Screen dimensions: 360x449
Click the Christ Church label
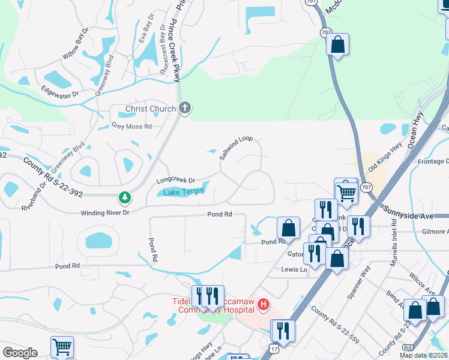[150, 109]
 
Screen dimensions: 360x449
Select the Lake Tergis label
[184, 191]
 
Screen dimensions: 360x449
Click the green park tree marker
[124, 197]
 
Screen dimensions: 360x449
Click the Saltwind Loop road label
[236, 147]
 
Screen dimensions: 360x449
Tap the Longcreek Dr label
[176, 180]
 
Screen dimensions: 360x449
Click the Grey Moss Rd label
[131, 126]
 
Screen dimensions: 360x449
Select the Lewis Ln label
[294, 269]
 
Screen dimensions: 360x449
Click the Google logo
[20, 353]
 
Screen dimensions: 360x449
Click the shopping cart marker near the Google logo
[62, 347]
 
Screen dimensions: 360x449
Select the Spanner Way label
[358, 289]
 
